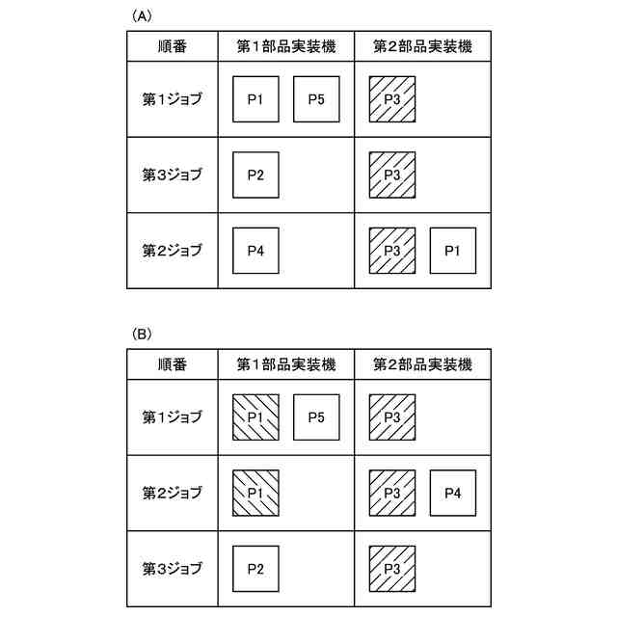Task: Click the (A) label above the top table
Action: click(141, 16)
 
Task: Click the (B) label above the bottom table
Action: click(141, 334)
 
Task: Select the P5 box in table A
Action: click(316, 99)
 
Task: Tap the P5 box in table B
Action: click(316, 417)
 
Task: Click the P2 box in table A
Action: click(255, 174)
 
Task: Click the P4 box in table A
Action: click(255, 251)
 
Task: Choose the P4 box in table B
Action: click(452, 493)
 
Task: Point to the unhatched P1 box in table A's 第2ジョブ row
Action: click(452, 251)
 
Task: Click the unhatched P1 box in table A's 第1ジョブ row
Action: click(255, 99)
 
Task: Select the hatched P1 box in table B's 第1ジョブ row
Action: click(255, 417)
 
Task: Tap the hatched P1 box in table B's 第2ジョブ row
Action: click(255, 493)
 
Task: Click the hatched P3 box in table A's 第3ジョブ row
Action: click(391, 174)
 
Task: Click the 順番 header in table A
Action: click(173, 45)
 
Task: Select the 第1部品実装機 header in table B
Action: click(286, 363)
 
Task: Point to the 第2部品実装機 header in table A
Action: click(422, 45)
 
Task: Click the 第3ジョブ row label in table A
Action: click(173, 174)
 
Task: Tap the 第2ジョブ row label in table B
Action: click(173, 493)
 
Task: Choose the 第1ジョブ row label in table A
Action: click(173, 99)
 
